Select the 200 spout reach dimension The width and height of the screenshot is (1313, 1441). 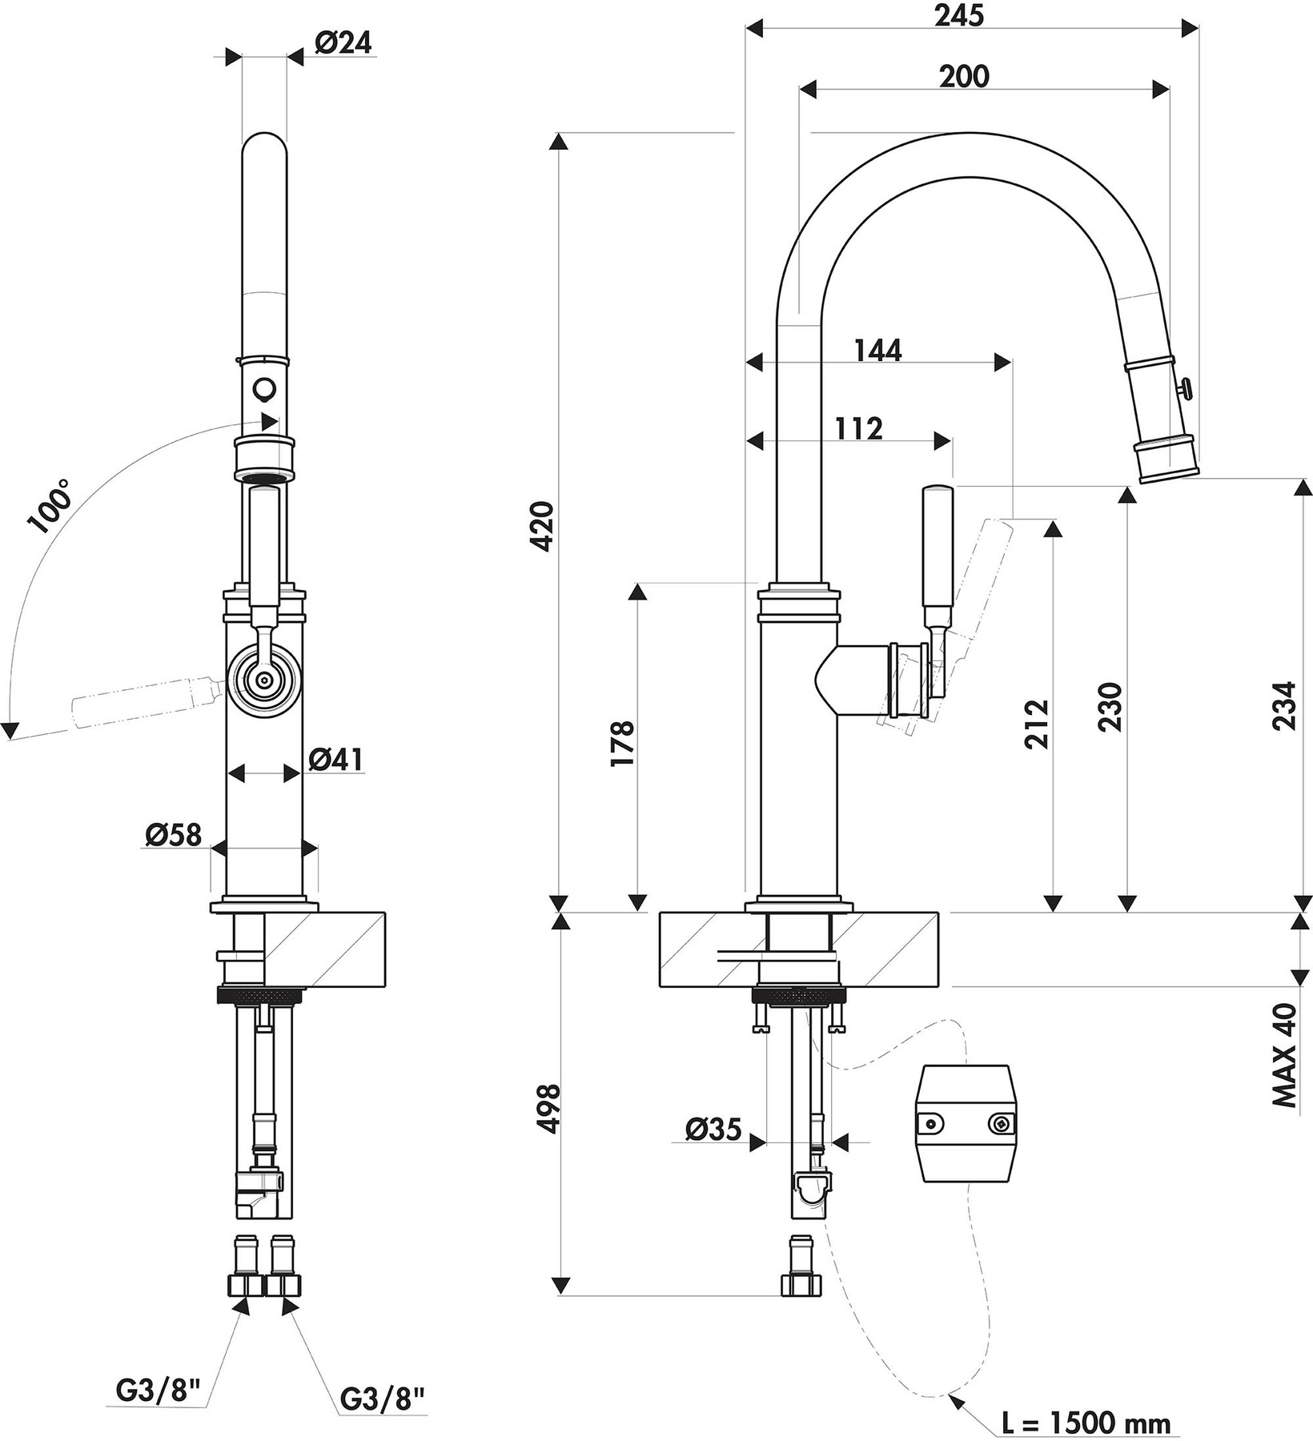964,76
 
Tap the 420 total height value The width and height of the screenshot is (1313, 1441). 544,526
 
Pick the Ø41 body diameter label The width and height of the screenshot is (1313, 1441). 335,759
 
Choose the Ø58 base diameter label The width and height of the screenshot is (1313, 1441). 172,836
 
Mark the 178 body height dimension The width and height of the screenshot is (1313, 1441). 623,744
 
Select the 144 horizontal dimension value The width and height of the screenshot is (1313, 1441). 877,351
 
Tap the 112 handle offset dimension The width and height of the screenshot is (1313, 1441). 858,429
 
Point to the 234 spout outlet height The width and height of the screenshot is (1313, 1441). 1283,704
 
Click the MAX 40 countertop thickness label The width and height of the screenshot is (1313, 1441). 1283,1055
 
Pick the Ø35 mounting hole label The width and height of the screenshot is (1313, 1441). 713,1129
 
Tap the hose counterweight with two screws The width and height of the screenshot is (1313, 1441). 967,1123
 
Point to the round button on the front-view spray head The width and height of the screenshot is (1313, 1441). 263,390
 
